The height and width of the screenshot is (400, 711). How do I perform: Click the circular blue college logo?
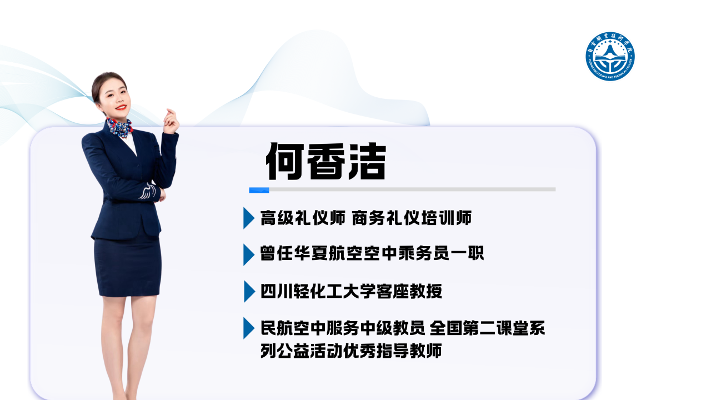coord(610,56)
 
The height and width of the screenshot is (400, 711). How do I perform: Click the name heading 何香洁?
coord(326,161)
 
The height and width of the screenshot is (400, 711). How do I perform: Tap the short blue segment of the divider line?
coord(259,190)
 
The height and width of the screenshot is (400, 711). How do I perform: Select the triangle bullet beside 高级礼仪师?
coord(249,218)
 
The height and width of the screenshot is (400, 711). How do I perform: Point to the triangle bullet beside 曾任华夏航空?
coord(249,254)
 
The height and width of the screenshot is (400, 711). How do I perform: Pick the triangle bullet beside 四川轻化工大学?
coord(249,292)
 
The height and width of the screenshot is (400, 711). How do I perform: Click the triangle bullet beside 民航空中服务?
coord(249,328)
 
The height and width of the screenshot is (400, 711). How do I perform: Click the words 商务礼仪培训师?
coord(412,218)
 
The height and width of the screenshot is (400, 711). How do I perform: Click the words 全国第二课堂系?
coord(487,328)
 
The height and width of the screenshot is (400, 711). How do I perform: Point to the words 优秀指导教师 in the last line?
coord(392,351)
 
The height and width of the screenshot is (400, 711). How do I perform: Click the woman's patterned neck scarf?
coord(119,128)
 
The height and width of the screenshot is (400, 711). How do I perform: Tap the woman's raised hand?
coord(172,121)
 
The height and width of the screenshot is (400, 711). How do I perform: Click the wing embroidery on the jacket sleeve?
coord(148,192)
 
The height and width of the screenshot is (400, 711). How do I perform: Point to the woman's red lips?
coord(121,107)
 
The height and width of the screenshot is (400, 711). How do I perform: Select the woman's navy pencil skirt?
coord(128,265)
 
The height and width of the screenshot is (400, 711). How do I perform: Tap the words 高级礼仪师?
coord(303,218)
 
